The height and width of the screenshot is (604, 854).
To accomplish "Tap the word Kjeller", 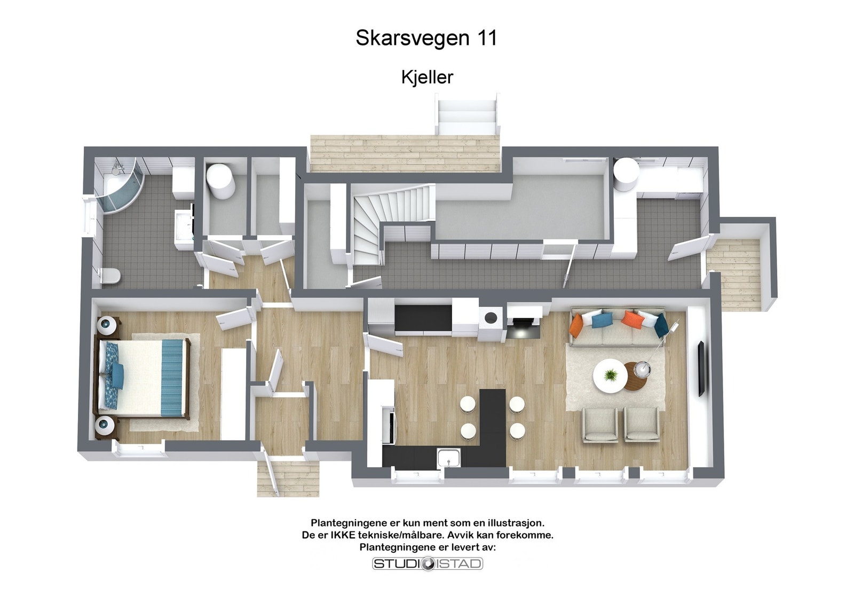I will tap(427, 77).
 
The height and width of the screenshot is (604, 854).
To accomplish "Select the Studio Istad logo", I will tap(427, 563).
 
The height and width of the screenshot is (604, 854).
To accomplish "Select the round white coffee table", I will tap(610, 376).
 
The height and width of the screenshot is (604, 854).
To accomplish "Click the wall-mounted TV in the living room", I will tap(701, 368).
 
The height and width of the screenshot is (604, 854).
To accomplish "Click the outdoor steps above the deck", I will tap(467, 115).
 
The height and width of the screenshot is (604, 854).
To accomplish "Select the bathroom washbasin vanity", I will tap(184, 227).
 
